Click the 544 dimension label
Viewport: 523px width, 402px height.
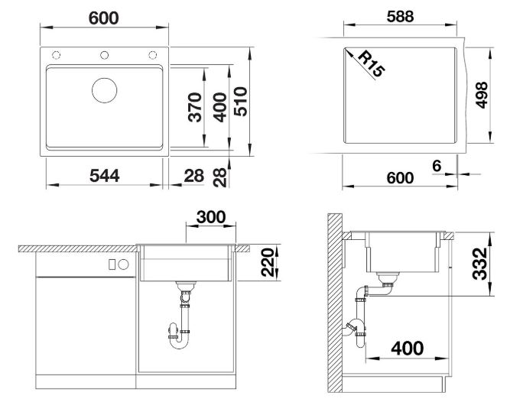point(105,176)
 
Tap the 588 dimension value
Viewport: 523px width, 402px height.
point(400,16)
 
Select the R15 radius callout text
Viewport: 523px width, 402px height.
point(372,63)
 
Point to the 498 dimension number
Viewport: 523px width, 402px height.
point(481,95)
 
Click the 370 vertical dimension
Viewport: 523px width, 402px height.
point(195,107)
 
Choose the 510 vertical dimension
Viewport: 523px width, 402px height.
point(241,102)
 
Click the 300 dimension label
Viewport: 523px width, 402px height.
point(211,217)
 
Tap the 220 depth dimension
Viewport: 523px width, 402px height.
point(268,262)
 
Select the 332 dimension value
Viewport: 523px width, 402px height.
point(479,264)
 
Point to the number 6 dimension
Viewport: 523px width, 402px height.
point(437,165)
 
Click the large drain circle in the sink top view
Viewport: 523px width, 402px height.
point(105,90)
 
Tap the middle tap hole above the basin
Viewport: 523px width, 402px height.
point(105,55)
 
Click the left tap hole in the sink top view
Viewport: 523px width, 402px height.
point(56,55)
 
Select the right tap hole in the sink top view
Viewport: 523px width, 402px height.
point(152,55)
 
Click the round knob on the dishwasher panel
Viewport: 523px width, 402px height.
point(123,264)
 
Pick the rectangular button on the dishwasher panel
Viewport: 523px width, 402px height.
point(112,264)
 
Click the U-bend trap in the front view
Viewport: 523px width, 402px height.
point(179,345)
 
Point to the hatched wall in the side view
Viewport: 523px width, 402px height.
point(335,303)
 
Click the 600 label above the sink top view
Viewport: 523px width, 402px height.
point(104,18)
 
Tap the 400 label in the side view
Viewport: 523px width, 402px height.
point(408,349)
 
